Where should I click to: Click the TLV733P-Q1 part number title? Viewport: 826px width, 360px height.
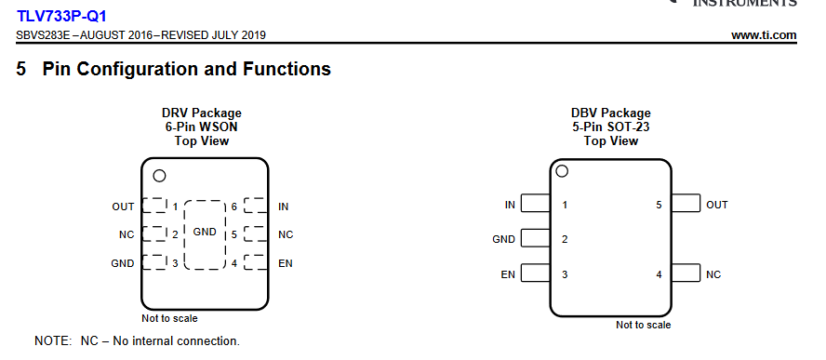[61, 17]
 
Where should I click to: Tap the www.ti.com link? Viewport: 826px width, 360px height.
[764, 35]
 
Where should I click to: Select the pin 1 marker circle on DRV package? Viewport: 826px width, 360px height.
[159, 176]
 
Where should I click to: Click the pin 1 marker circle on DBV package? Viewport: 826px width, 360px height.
[562, 171]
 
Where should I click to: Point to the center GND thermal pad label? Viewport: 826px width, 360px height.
[205, 232]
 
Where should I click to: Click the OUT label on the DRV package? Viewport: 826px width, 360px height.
[123, 207]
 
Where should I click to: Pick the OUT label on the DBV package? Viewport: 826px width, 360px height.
[717, 205]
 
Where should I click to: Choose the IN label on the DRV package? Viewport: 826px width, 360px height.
[284, 207]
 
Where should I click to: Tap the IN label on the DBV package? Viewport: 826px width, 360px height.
[510, 205]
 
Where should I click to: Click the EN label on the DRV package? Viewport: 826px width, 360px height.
[286, 263]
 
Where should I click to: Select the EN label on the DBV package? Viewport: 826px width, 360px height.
[508, 274]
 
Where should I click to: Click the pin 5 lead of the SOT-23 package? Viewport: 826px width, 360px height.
[686, 204]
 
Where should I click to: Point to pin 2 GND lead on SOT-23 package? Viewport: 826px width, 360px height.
[535, 238]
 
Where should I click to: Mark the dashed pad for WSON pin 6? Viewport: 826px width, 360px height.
[256, 206]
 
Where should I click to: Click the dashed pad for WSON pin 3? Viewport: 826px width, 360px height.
[153, 262]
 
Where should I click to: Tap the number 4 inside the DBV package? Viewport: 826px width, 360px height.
[659, 274]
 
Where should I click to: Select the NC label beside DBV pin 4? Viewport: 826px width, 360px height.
[713, 274]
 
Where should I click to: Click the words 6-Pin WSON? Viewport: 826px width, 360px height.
[201, 127]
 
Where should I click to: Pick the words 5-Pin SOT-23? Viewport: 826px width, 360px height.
[610, 127]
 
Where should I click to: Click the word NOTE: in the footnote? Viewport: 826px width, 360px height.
[53, 341]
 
